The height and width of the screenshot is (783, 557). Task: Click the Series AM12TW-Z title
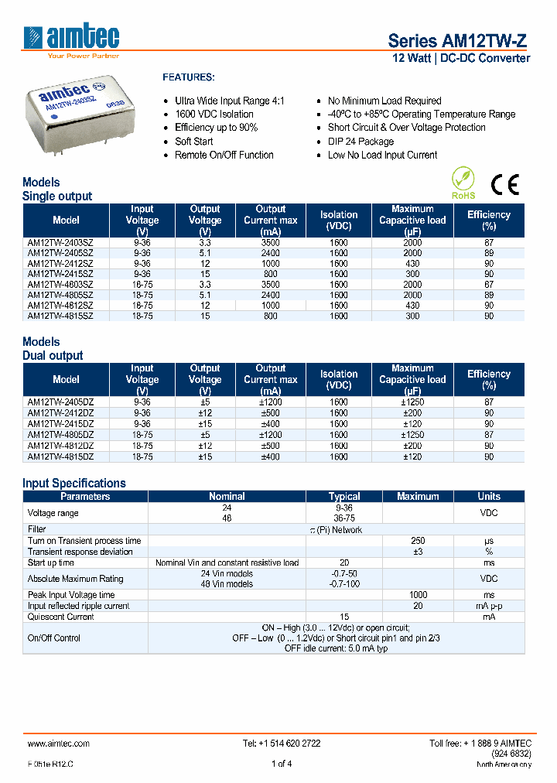tap(458, 41)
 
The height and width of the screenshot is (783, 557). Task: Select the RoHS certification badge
tap(463, 183)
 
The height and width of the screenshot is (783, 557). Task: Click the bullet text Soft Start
tap(193, 142)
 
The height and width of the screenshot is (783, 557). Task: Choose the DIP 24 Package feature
tap(361, 142)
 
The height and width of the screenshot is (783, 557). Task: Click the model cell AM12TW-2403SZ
tap(60, 242)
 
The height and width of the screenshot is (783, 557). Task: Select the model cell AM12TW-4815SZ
tap(60, 316)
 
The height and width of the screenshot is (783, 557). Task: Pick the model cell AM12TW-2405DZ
tap(60, 402)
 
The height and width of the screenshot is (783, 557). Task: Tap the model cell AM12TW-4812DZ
tap(60, 446)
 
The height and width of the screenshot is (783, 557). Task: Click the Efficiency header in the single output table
tap(488, 221)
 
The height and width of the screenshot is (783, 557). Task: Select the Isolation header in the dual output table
tap(339, 379)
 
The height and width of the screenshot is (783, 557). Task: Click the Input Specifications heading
tap(74, 483)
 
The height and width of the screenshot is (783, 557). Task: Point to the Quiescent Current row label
tap(60, 617)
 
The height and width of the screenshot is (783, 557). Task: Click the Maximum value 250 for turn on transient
tap(418, 541)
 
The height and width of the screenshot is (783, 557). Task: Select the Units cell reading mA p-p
tap(488, 606)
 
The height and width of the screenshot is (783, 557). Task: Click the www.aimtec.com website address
tap(59, 744)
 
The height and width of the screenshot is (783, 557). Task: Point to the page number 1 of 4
tap(281, 764)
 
